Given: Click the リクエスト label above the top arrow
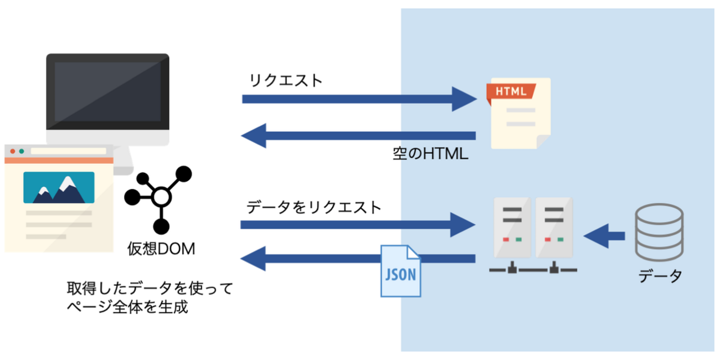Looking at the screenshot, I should coord(286,80).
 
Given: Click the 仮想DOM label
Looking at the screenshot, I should coord(160,249).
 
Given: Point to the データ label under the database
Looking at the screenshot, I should coord(660,275).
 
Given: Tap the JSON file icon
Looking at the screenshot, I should coord(400,271).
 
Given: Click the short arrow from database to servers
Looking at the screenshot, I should coord(604,236).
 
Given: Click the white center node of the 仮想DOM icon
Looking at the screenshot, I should coord(161,196).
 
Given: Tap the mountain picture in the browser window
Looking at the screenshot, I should coord(59,188).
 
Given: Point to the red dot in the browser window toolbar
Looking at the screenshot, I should coord(12,151).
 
